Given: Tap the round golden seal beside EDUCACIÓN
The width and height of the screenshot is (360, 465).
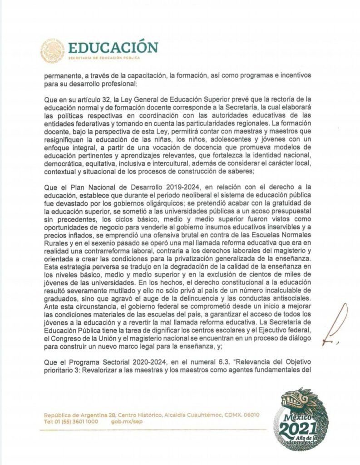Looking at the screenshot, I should pos(54,51).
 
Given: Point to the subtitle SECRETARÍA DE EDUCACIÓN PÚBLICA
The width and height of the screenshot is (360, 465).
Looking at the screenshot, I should pos(104,58).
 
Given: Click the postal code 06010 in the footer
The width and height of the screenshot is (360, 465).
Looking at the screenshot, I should pos(250,414).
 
